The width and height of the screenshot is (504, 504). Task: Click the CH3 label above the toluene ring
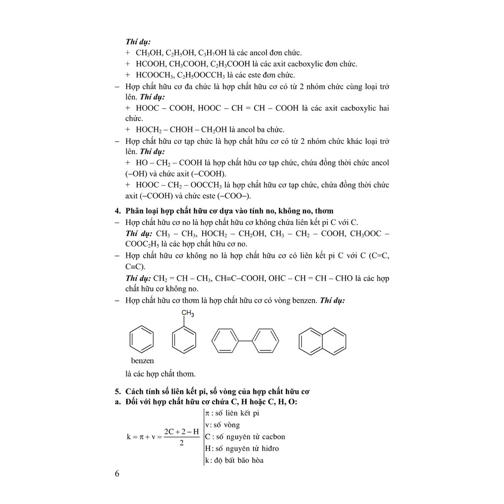click(x=188, y=314)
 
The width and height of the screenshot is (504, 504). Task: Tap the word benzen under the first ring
click(x=142, y=360)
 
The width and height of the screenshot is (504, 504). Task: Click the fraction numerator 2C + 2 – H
click(x=182, y=431)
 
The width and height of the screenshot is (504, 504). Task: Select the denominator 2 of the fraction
click(x=182, y=443)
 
